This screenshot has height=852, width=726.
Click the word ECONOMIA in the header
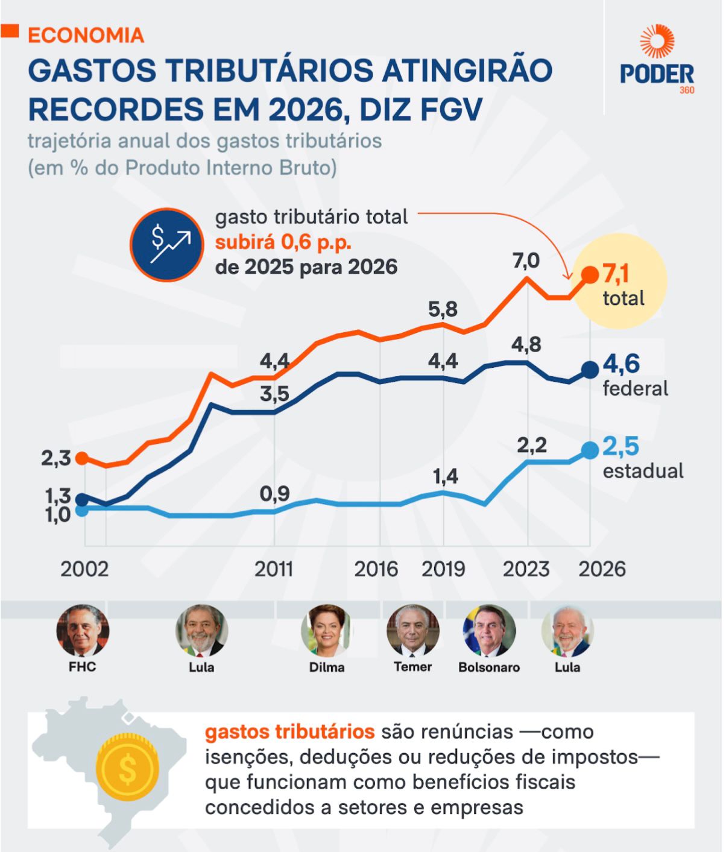tap(86, 35)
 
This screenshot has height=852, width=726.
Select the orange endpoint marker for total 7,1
tap(590, 275)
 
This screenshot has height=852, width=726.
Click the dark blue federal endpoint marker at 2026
tap(590, 369)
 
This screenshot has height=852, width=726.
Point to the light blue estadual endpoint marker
tap(590, 450)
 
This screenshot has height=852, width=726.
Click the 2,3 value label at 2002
tap(56, 458)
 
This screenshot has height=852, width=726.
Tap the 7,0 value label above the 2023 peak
tap(526, 260)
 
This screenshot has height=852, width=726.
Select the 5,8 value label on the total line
tap(443, 309)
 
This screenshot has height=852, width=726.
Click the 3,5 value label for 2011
tap(274, 394)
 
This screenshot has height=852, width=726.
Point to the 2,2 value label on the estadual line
tap(532, 445)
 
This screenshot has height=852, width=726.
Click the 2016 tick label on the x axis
tap(376, 569)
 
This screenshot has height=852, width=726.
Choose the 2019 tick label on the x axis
tap(443, 569)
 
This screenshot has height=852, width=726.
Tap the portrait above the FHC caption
tap(83, 631)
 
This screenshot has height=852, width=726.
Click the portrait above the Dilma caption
tap(327, 631)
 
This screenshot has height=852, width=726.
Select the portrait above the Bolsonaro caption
tap(489, 631)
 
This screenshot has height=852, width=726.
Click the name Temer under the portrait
tap(413, 667)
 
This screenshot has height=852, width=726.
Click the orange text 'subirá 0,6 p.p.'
tap(283, 242)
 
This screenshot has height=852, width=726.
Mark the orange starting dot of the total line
tap(84, 458)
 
